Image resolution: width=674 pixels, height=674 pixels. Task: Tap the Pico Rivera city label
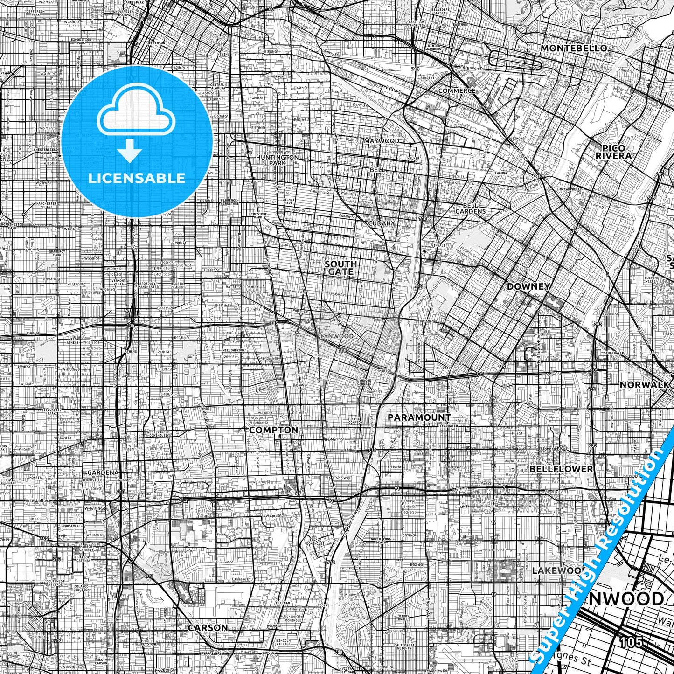tap(613, 152)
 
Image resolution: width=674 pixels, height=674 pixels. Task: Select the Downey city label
tap(528, 286)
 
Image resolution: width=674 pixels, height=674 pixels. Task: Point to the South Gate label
tap(341, 268)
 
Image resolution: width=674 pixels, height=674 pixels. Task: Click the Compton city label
tap(273, 430)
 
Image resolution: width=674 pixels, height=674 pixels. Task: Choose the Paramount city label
tap(419, 417)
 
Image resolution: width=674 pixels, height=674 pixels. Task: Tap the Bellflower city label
tap(561, 469)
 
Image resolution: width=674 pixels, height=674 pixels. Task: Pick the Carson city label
tap(208, 628)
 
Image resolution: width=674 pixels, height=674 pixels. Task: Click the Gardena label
tap(103, 472)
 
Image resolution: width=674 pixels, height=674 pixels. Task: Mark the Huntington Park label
tap(277, 160)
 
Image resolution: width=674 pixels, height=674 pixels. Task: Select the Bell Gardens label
tap(474, 208)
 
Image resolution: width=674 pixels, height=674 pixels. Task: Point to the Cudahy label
tap(382, 223)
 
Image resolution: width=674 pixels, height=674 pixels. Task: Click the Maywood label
tap(382, 141)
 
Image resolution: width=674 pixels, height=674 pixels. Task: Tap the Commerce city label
tap(457, 90)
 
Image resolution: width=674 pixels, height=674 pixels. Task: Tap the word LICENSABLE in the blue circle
tap(137, 178)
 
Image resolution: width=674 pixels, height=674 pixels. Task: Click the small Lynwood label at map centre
tap(337, 336)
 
